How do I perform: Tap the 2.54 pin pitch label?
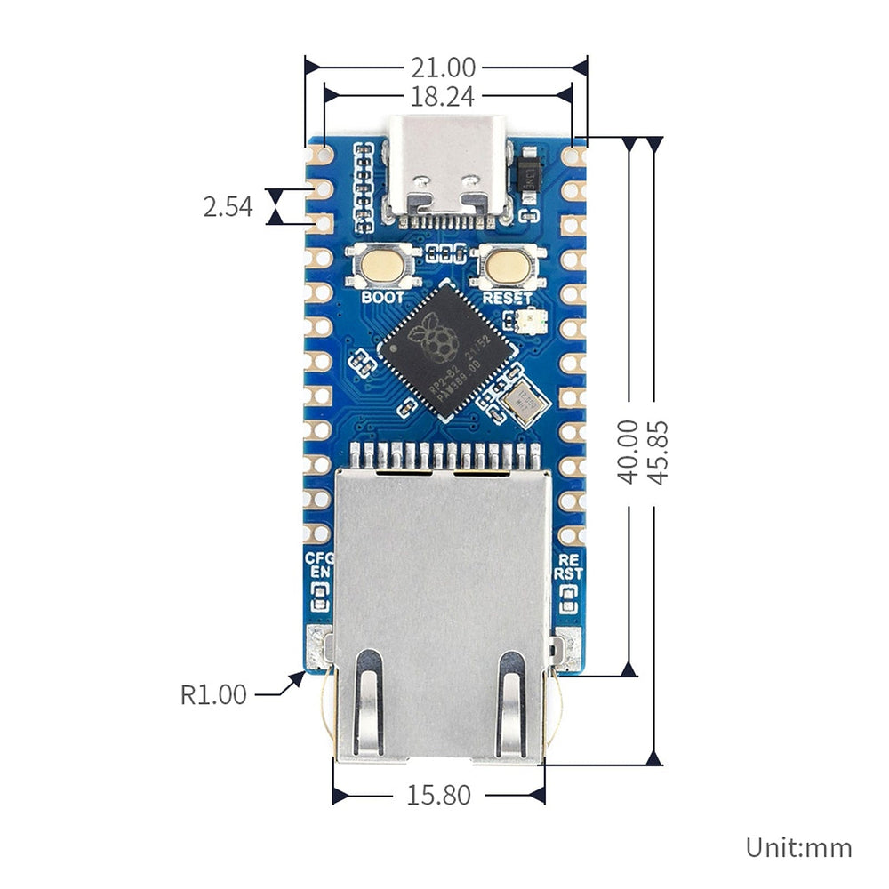[228, 208]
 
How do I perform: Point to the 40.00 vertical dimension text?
[629, 452]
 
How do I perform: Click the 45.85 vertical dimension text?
[657, 452]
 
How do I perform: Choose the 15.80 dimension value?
[439, 795]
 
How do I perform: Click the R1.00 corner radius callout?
[213, 694]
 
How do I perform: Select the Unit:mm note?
[798, 847]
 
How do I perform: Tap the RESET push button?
[507, 266]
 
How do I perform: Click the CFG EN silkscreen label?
[318, 566]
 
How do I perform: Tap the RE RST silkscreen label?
[568, 567]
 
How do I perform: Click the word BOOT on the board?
[382, 297]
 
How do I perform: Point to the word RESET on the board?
[507, 298]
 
